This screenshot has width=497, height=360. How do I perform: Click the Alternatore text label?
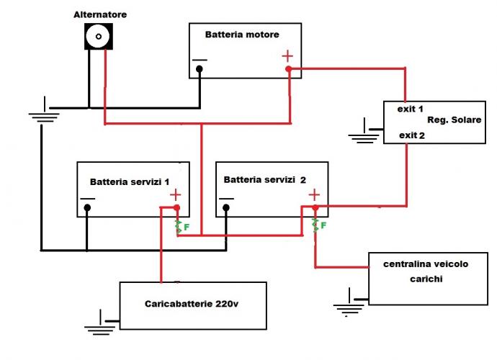[100, 14]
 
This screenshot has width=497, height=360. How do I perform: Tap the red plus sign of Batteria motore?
[287, 55]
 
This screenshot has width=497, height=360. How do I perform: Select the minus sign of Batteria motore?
[200, 60]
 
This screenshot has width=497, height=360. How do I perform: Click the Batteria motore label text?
[242, 35]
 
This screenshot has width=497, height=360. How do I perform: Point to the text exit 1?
[409, 109]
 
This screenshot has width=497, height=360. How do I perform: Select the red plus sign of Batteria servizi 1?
[176, 194]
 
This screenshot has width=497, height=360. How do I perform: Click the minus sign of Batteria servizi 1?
[87, 198]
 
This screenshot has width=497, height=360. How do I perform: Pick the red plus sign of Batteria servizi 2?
[314, 194]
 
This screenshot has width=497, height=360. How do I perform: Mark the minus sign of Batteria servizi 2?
[226, 198]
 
